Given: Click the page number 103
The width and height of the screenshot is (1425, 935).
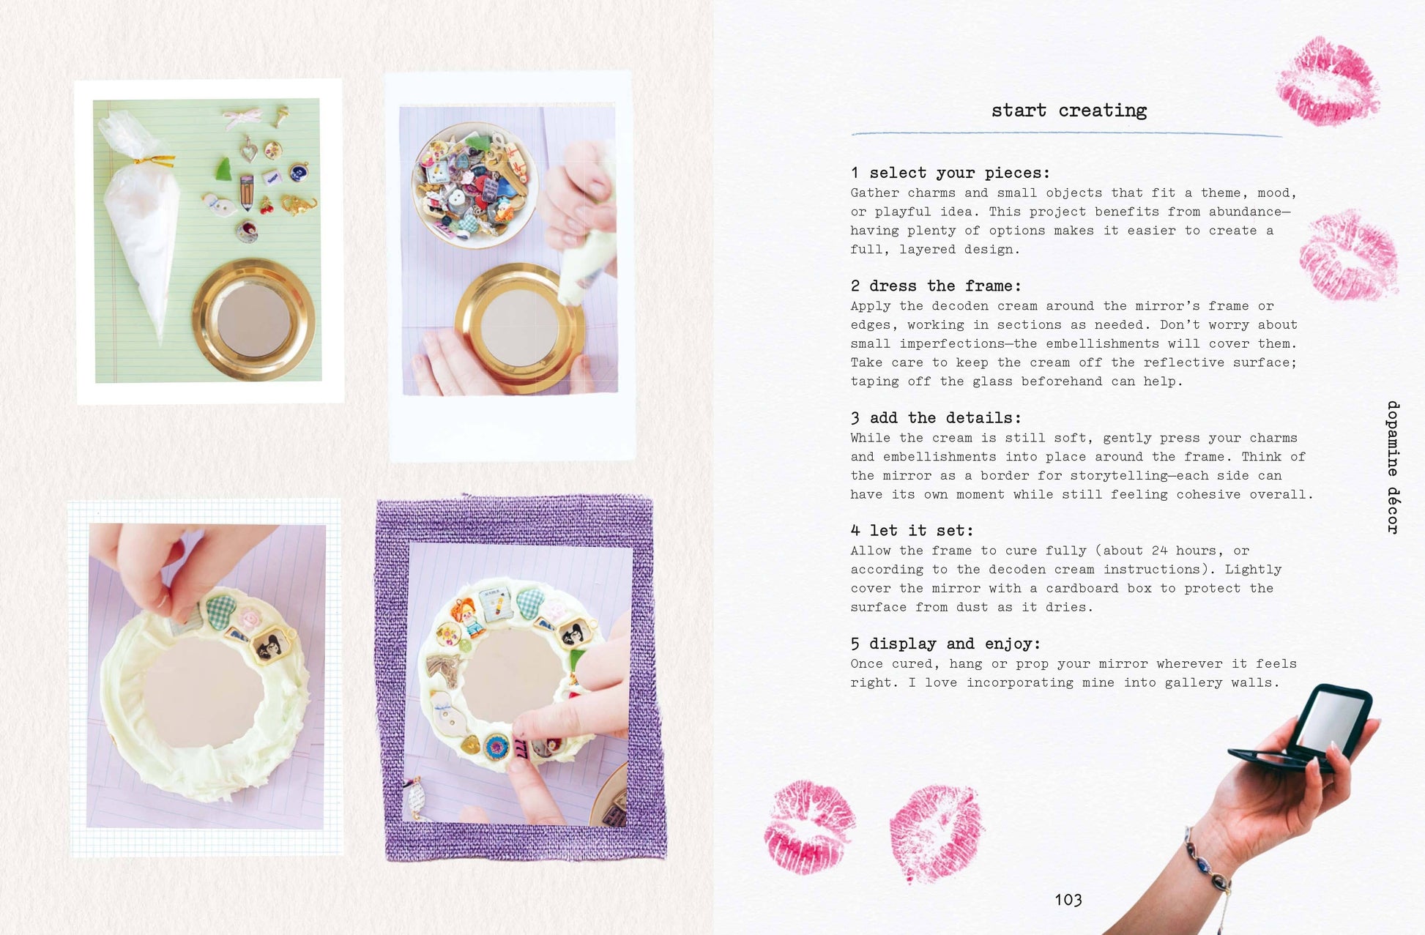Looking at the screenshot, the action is [1068, 900].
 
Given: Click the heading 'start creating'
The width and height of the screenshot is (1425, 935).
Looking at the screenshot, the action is [1069, 111].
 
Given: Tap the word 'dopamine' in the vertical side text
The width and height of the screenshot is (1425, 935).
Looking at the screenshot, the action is [1393, 438].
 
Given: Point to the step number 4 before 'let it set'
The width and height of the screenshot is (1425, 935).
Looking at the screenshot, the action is [855, 531].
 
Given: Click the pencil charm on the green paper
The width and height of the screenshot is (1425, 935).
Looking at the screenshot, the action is [246, 191].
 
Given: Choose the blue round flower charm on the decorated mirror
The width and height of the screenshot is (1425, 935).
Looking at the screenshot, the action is [497, 747].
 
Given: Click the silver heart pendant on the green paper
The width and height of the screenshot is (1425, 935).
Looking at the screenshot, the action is [250, 151].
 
